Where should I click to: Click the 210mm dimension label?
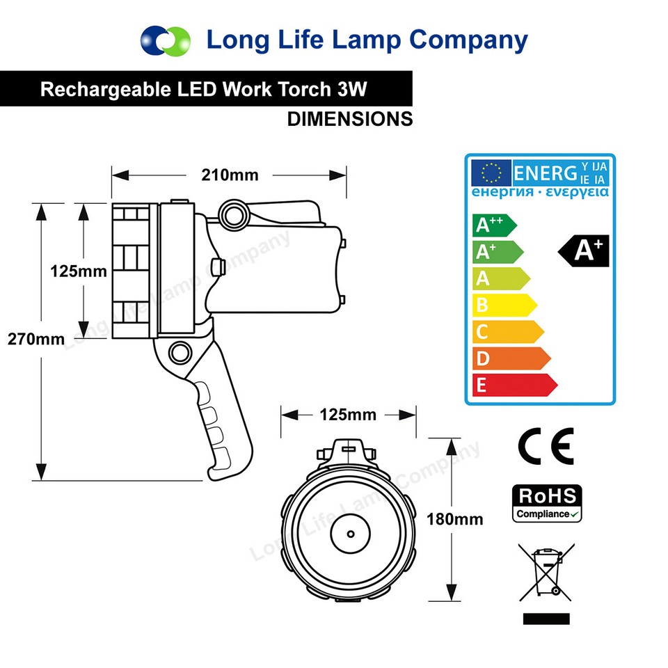230,175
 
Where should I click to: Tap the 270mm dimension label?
35,339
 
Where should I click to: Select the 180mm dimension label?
454,518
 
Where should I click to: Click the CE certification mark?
546,446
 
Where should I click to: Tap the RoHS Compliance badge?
547,504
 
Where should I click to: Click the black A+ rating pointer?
585,250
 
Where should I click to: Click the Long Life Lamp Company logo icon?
165,40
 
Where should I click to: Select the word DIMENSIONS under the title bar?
350,119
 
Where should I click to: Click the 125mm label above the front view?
348,415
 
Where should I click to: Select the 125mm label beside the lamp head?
79,271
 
